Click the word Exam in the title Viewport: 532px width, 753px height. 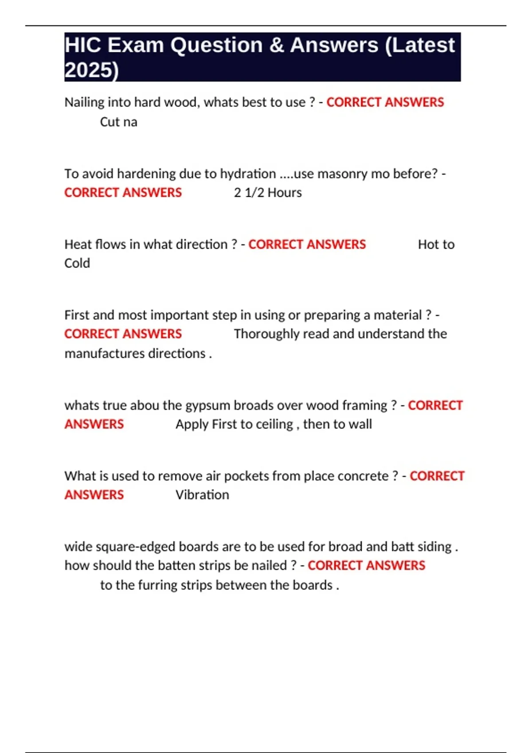tap(135, 45)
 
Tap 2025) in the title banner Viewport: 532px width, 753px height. tap(92, 70)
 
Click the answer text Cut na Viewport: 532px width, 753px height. tap(118, 122)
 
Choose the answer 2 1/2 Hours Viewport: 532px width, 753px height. tap(268, 193)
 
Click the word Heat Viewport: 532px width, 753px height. tap(78, 245)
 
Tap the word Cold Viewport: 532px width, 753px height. tap(77, 263)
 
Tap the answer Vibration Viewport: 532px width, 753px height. tap(202, 495)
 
